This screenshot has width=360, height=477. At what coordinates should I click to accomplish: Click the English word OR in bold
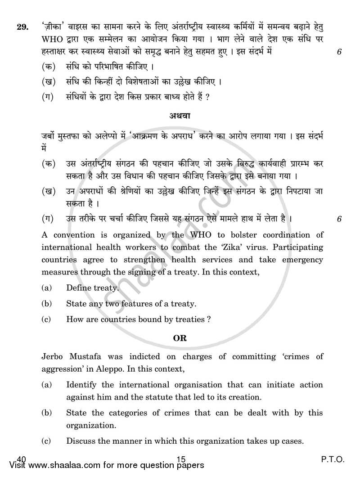click(180, 337)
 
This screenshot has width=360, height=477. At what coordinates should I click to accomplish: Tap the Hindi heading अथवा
click(180, 116)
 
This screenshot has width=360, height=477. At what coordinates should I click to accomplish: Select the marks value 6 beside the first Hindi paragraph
click(339, 51)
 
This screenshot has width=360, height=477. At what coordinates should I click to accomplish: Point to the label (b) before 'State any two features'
click(46, 304)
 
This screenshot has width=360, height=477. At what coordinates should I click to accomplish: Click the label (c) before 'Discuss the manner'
click(46, 441)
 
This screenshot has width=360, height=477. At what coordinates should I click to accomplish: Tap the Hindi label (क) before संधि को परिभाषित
click(49, 67)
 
